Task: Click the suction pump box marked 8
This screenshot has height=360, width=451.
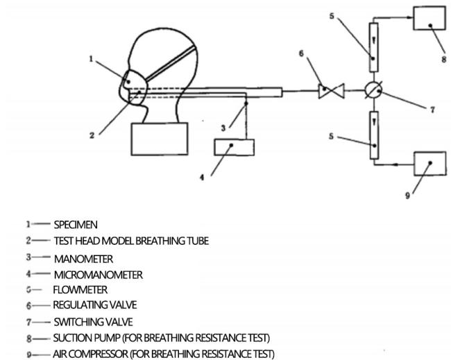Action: click(429, 18)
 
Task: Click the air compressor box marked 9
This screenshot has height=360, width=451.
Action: click(430, 164)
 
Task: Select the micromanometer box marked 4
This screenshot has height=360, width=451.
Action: click(234, 147)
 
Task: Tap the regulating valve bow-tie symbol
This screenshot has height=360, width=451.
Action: click(332, 91)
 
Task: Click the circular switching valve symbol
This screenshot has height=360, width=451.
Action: click(373, 90)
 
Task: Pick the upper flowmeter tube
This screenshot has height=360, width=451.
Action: click(373, 47)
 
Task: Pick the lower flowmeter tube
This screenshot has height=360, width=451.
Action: click(374, 135)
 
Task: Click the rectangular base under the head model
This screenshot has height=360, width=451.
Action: click(160, 139)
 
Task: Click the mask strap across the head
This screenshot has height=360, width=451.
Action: click(171, 63)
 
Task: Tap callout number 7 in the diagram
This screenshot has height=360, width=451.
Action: click(432, 110)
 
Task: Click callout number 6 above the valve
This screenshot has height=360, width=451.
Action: click(301, 54)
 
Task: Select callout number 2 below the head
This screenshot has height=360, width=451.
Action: click(92, 135)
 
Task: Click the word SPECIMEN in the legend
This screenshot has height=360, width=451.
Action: click(76, 225)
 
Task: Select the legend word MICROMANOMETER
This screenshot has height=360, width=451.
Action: click(99, 275)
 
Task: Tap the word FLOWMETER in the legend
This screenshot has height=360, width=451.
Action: click(80, 290)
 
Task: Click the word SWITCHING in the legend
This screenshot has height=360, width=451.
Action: click(76, 322)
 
